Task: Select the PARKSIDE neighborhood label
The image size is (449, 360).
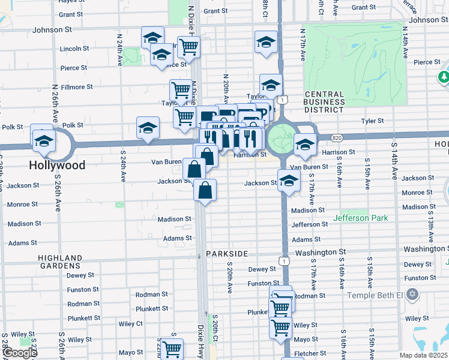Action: point(227,254)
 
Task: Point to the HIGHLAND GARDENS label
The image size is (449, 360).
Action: point(60,261)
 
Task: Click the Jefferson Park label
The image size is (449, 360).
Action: point(364,218)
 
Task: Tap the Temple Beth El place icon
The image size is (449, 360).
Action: point(411,295)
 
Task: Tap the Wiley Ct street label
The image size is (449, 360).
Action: point(130,323)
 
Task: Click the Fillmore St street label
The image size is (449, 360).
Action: point(76,87)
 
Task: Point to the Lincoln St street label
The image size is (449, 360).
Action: point(74,48)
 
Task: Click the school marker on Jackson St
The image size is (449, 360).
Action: point(289,179)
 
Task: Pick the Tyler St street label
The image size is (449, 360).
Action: point(372,121)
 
